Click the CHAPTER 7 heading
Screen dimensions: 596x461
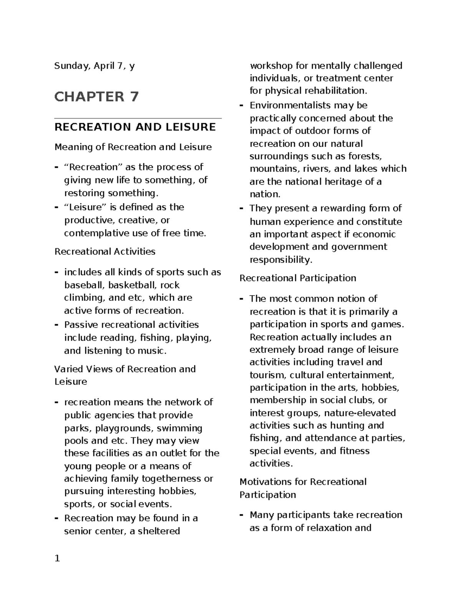pyautogui.click(x=96, y=97)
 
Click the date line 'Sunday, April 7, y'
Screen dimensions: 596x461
pyautogui.click(x=95, y=66)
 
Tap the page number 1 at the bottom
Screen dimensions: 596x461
pyautogui.click(x=57, y=558)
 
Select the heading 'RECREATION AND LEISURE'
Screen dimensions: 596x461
pyautogui.click(x=135, y=127)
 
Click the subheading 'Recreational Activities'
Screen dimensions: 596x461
pyautogui.click(x=105, y=252)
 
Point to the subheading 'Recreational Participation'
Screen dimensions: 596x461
pyautogui.click(x=298, y=278)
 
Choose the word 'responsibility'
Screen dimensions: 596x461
pyautogui.click(x=280, y=260)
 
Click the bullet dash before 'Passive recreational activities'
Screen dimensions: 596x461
pyautogui.click(x=56, y=325)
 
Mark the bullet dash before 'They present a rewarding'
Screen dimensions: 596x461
pyautogui.click(x=242, y=208)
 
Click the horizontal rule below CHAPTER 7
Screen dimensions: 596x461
pyautogui.click(x=138, y=119)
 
